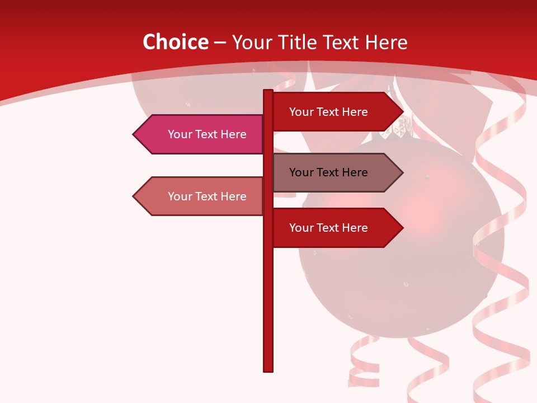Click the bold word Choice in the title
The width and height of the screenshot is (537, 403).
click(x=175, y=43)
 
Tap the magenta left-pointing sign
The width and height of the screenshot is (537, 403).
click(x=201, y=134)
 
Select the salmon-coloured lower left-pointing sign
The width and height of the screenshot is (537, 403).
click(x=201, y=196)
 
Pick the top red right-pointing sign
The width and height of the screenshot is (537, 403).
click(x=333, y=112)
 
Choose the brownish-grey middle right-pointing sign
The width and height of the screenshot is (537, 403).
click(x=333, y=172)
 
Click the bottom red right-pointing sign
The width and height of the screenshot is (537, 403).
click(x=333, y=228)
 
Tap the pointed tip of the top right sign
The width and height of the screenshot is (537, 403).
click(x=402, y=112)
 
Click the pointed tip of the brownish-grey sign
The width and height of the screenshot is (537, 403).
click(x=402, y=172)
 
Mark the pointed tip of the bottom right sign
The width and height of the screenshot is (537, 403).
click(x=402, y=228)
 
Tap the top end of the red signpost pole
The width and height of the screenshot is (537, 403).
click(x=268, y=91)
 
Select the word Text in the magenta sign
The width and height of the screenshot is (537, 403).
click(x=206, y=134)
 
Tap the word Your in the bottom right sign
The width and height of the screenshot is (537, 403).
click(x=301, y=228)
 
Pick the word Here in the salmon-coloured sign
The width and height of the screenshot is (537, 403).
click(x=233, y=196)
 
